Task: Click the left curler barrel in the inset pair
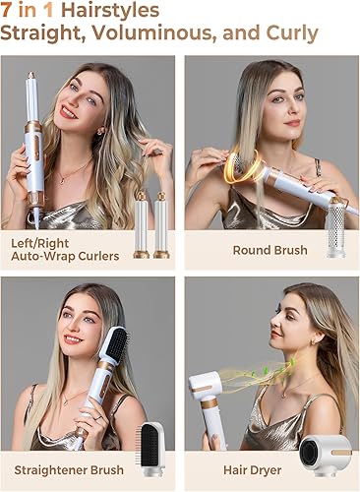[x=141, y=224]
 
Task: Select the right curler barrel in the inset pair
[x=161, y=224]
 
